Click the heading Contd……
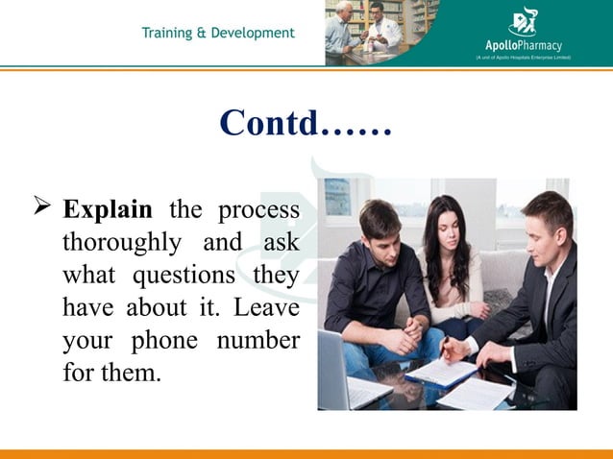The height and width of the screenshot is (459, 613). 306,123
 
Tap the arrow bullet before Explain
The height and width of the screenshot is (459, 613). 41,207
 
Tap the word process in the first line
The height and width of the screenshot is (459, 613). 257,210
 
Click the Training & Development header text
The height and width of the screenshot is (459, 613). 218,34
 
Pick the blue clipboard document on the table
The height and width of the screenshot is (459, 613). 442,371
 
